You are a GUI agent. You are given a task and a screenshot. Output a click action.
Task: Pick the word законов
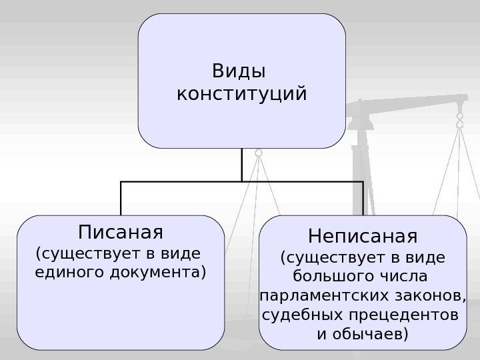[x=431, y=295]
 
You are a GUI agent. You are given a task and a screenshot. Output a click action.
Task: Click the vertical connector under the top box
[x=241, y=163]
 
